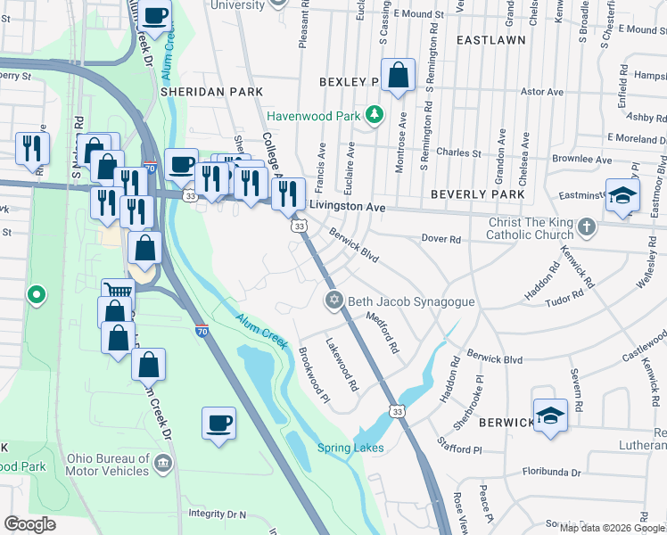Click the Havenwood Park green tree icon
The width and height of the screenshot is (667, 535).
coord(375,114)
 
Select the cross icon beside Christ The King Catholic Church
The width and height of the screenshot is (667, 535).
coord(586,228)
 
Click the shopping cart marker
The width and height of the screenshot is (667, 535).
coord(117,291)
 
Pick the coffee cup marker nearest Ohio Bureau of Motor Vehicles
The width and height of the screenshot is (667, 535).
coord(218,423)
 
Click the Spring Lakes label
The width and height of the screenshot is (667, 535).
coord(350,448)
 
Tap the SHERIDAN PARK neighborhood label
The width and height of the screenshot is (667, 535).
coord(211,92)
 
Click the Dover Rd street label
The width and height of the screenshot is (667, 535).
coord(441,239)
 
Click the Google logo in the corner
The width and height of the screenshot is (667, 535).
coord(29,524)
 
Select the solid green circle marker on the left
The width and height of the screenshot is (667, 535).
coord(36,294)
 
